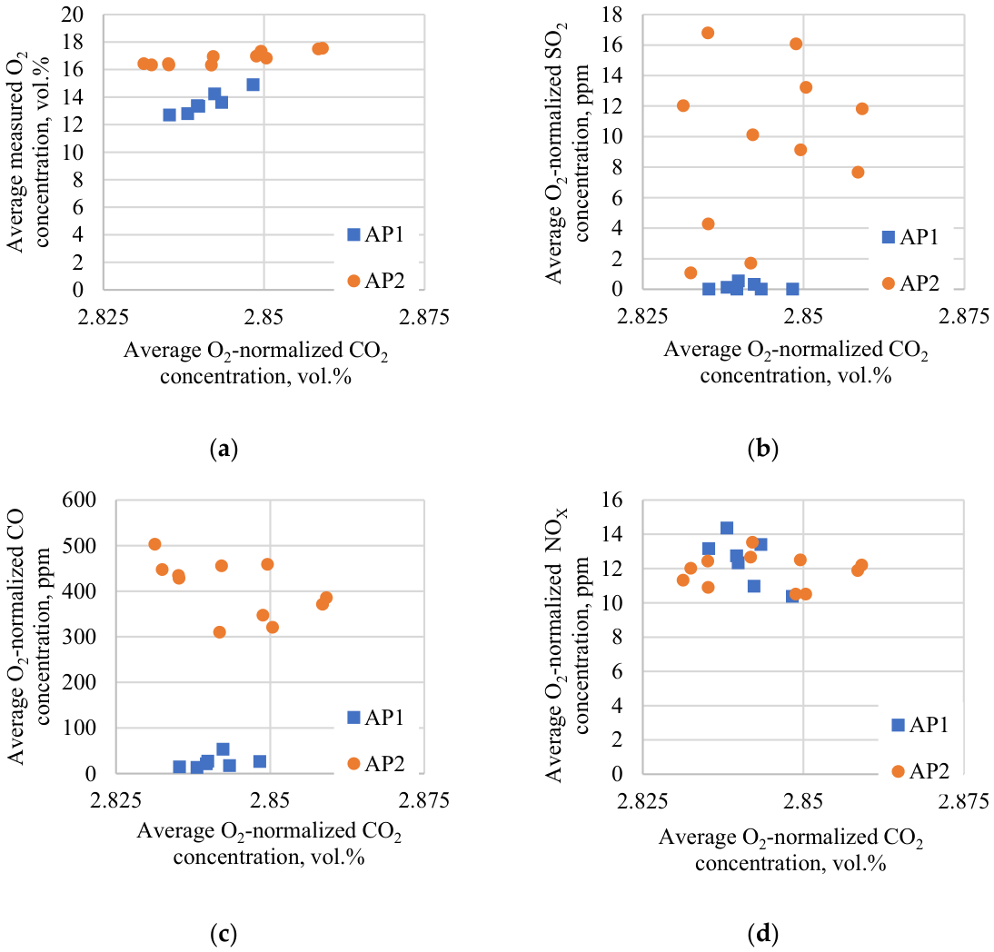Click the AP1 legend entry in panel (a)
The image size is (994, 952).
(x=376, y=234)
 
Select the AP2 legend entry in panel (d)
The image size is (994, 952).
(x=920, y=770)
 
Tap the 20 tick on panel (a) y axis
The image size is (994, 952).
(x=73, y=14)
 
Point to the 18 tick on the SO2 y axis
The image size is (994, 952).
(x=612, y=14)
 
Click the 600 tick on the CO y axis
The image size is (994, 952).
(x=79, y=500)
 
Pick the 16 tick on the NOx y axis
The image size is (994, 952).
(x=612, y=500)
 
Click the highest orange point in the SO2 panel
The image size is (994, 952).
(x=708, y=33)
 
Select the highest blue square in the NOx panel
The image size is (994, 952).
(x=727, y=528)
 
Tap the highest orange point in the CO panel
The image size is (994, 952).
(x=154, y=544)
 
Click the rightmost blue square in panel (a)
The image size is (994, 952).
(x=253, y=84)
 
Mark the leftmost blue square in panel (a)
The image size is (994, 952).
(x=169, y=114)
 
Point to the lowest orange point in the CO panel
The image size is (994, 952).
(x=219, y=632)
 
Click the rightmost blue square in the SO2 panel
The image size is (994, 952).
(x=792, y=289)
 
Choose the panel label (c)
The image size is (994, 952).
(x=224, y=933)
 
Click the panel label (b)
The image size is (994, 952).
(x=762, y=449)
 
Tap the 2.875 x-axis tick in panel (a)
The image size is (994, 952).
(x=423, y=316)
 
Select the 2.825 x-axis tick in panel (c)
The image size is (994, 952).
(x=115, y=800)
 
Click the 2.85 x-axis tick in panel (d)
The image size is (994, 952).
(x=803, y=801)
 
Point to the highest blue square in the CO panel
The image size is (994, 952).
(x=223, y=749)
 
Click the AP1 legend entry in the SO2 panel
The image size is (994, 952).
(x=911, y=237)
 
